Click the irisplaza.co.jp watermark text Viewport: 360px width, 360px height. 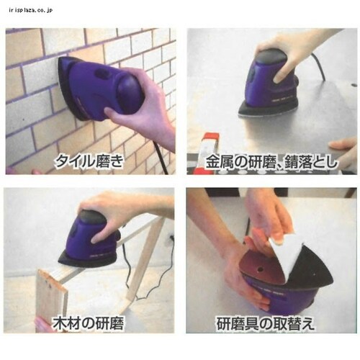point(30,10)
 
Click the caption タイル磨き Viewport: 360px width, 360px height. point(89,161)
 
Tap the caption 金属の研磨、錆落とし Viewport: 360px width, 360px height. point(272,161)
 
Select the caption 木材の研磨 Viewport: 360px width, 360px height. point(88,323)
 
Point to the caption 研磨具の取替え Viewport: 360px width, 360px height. point(265,324)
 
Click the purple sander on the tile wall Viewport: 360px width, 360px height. point(101,89)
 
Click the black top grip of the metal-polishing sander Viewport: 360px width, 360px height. point(272,55)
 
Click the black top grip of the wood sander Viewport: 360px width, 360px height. point(92,217)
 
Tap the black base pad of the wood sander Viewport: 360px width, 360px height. point(88,261)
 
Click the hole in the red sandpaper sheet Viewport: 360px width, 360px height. point(259,270)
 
